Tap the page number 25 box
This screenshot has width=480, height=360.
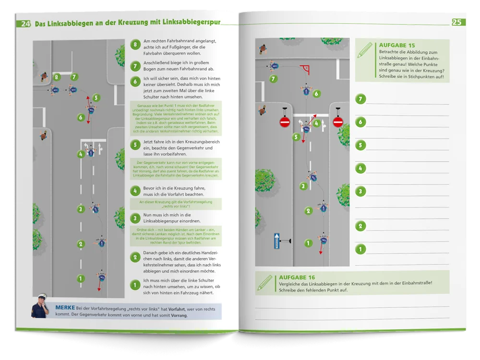[x=458, y=22]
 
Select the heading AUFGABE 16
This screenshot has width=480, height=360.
[x=297, y=277]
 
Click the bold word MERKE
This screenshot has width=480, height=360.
[x=65, y=307]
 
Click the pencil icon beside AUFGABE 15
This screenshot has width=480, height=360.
[x=365, y=49]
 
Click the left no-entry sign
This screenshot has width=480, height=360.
[x=285, y=123]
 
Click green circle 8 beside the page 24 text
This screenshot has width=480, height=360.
[x=135, y=45]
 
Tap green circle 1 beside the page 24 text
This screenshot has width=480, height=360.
[x=135, y=286]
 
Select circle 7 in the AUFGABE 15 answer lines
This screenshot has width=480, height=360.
[x=360, y=99]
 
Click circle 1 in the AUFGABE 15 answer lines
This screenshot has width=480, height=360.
[x=360, y=249]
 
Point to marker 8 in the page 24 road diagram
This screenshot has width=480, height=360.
[x=57, y=76]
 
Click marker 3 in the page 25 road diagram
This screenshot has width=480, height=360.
[x=303, y=186]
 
